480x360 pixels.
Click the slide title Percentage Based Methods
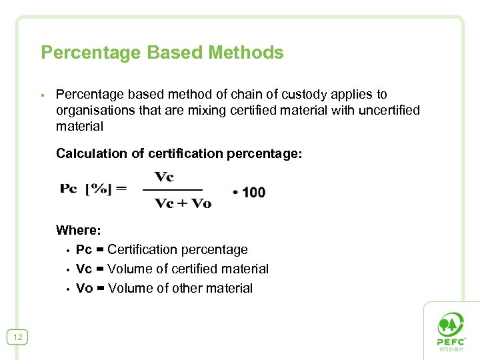pos(162,53)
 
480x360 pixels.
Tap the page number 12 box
pos(17,337)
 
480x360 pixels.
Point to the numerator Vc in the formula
pos(165,177)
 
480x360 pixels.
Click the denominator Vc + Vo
pos(183,203)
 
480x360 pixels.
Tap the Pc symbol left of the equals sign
pos(69,189)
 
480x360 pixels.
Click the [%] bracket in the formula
pos(98,189)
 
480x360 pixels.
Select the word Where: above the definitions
pos(79,231)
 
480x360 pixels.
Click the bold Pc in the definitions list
pos(84,250)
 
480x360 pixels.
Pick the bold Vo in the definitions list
pos(85,289)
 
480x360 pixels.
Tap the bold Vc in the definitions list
pos(84,269)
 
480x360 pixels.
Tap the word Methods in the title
pos(246,53)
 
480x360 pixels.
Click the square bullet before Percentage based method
pos(42,95)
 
